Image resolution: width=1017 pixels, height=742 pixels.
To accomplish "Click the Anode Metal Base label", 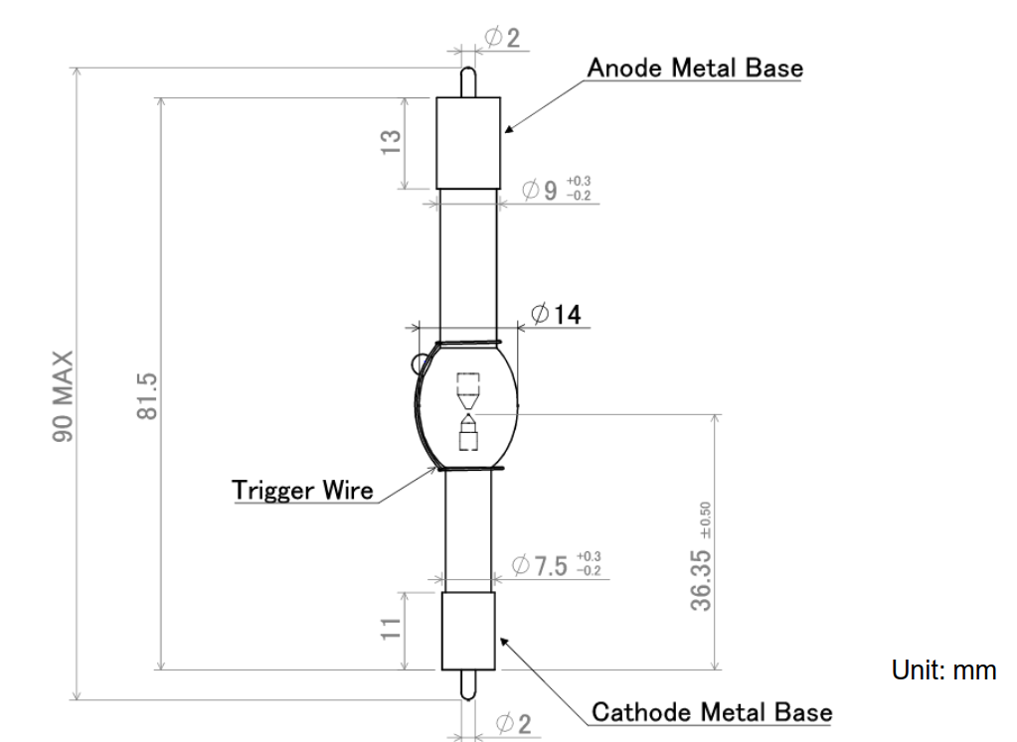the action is [695, 69].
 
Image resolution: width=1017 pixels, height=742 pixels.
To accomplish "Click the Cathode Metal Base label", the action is [712, 712].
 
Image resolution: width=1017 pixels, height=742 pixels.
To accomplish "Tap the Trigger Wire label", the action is [302, 490].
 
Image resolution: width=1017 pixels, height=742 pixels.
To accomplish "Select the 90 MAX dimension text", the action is [63, 396].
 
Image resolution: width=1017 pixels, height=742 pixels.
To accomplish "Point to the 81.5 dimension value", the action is [148, 396].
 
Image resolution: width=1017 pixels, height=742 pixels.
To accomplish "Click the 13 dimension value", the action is [391, 143].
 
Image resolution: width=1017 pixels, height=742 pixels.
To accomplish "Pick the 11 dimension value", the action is [391, 629].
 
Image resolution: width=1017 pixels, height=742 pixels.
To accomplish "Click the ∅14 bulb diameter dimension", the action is [556, 314].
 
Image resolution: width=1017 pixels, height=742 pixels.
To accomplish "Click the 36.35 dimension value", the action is [701, 580].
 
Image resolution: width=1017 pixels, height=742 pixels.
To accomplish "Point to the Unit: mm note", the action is [943, 670].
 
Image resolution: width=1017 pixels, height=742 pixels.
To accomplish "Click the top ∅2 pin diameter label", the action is [503, 38].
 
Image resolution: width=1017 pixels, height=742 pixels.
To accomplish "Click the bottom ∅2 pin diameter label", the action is [513, 724].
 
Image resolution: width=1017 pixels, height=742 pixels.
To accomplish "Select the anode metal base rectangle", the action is [468, 143].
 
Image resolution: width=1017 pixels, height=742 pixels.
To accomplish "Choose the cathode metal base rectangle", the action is [468, 631].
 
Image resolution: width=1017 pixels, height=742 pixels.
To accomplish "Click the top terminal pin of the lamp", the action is [467, 82].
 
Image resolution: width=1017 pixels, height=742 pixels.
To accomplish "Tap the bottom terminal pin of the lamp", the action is [467, 685].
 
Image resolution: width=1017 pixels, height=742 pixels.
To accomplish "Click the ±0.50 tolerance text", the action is [706, 520].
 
